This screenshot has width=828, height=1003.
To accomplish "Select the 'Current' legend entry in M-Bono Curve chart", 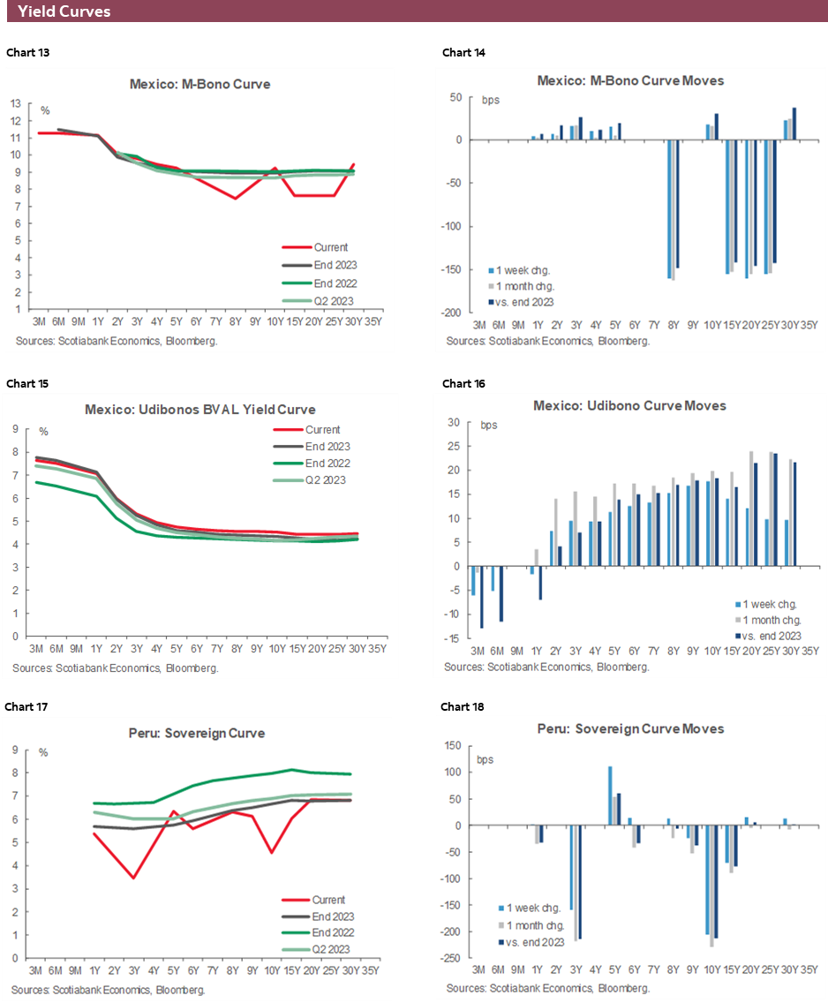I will pyautogui.click(x=331, y=247).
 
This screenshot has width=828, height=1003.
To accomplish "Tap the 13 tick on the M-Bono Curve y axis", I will pyautogui.click(x=17, y=102).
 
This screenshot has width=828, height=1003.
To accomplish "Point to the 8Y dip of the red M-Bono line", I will pyautogui.click(x=236, y=198).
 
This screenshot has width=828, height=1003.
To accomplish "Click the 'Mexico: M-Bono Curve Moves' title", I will pyautogui.click(x=630, y=80).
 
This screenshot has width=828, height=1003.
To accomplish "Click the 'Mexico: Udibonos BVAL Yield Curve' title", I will pyautogui.click(x=200, y=410).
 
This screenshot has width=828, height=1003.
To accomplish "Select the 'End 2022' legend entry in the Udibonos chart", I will pyautogui.click(x=327, y=464).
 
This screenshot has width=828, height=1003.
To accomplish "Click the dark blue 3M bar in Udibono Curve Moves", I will pyautogui.click(x=482, y=597).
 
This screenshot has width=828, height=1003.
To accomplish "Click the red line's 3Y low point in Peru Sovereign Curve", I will pyautogui.click(x=133, y=878).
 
